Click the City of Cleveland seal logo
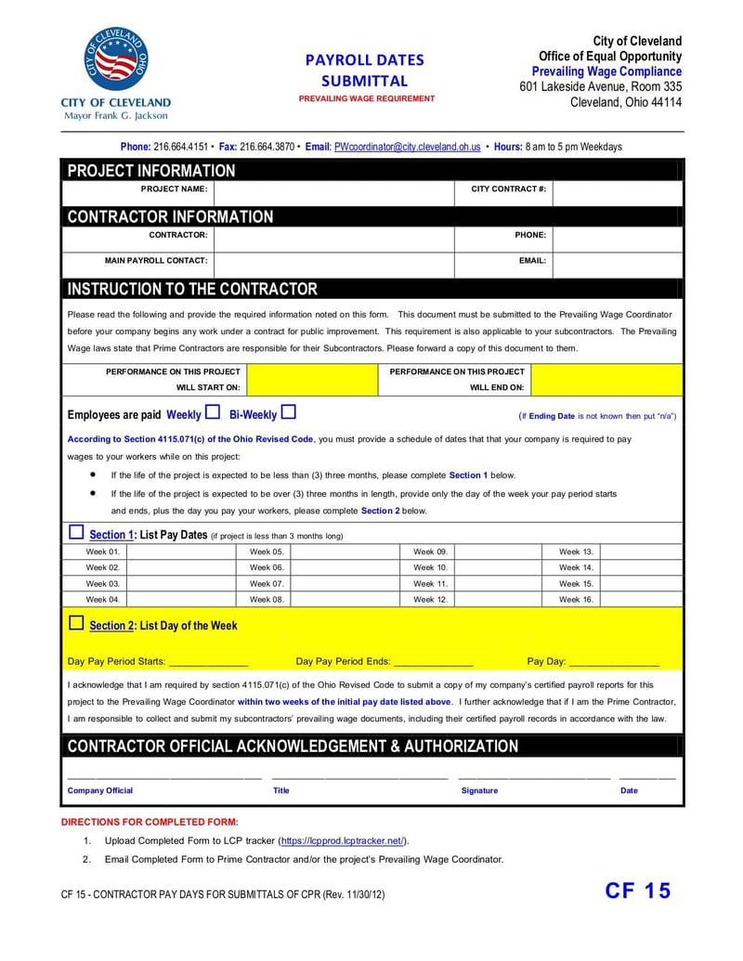click(x=116, y=59)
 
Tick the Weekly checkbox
click(x=213, y=412)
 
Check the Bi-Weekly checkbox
click(x=288, y=412)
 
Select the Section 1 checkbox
click(x=76, y=532)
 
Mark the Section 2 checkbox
click(x=76, y=623)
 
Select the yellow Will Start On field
click(x=311, y=380)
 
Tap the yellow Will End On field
click(x=606, y=380)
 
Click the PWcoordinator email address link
click(x=407, y=147)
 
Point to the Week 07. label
click(x=267, y=584)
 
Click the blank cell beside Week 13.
click(x=642, y=552)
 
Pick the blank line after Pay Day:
click(x=614, y=663)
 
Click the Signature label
click(x=479, y=791)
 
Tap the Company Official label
click(x=100, y=791)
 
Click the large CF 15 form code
click(x=637, y=891)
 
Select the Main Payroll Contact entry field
click(x=333, y=262)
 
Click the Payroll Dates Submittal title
click(x=365, y=71)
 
